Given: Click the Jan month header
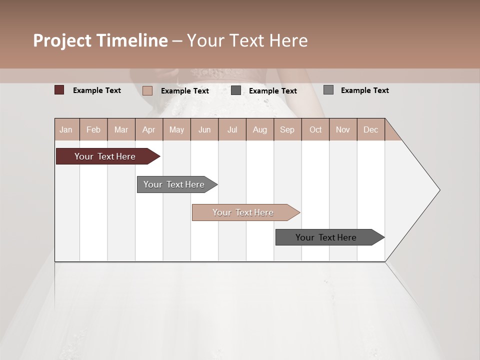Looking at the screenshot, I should (66, 129).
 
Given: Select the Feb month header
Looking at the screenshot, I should (93, 129).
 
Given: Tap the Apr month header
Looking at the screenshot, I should (149, 129).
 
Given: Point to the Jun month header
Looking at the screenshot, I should (204, 129).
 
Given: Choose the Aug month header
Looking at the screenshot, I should (260, 129).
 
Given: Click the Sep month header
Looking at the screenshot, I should (287, 129).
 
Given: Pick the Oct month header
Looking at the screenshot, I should (315, 129).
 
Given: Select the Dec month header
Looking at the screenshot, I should (371, 129).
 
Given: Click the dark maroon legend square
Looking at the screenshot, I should (59, 90).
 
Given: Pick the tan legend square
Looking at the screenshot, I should (147, 90).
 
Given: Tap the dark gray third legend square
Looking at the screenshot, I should (236, 90).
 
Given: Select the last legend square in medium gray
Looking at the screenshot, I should (328, 90).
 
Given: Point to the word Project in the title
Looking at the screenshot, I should (62, 40).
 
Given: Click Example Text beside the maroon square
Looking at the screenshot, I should (97, 90).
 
